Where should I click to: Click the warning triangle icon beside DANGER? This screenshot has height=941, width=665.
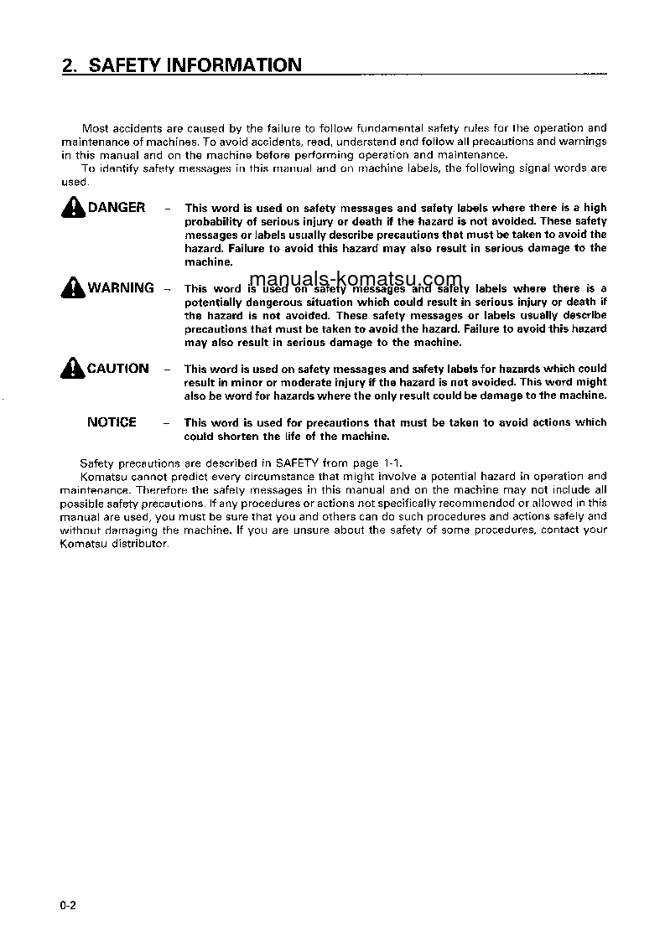pyautogui.click(x=73, y=208)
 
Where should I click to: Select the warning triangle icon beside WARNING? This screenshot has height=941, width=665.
pyautogui.click(x=73, y=288)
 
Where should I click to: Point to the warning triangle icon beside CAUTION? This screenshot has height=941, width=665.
pyautogui.click(x=73, y=369)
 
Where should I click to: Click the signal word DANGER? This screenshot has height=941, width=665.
pyautogui.click(x=117, y=208)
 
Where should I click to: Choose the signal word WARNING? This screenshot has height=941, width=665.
pyautogui.click(x=121, y=288)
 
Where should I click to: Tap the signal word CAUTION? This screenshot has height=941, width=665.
pyautogui.click(x=118, y=369)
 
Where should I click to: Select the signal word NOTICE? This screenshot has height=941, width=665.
pyautogui.click(x=112, y=422)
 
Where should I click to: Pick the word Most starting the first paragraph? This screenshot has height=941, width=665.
pyautogui.click(x=95, y=128)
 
